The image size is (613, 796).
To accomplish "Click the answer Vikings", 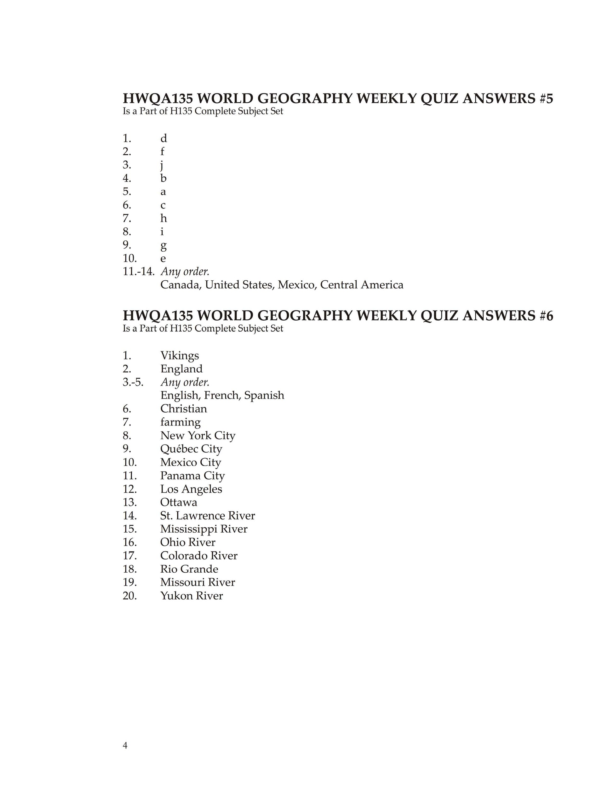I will point(179,356).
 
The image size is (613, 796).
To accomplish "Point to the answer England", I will point(181,369).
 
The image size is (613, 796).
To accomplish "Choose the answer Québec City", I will point(191,449).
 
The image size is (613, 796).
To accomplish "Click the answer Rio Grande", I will point(189,569).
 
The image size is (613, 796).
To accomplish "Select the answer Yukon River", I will point(191,596).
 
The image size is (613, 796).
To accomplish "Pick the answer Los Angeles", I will point(191,489).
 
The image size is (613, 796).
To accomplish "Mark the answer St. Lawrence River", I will point(207,516).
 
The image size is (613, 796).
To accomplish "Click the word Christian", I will point(183,409).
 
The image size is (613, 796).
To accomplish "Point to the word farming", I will point(180,422).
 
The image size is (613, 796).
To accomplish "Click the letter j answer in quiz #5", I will point(162,165).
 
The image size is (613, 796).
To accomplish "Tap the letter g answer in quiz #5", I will point(163,246).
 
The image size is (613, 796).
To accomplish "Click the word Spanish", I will point(264,395).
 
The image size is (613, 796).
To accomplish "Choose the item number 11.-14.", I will point(139,272).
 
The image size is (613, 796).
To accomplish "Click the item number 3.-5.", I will point(133,382).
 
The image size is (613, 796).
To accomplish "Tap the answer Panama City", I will point(192,476).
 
